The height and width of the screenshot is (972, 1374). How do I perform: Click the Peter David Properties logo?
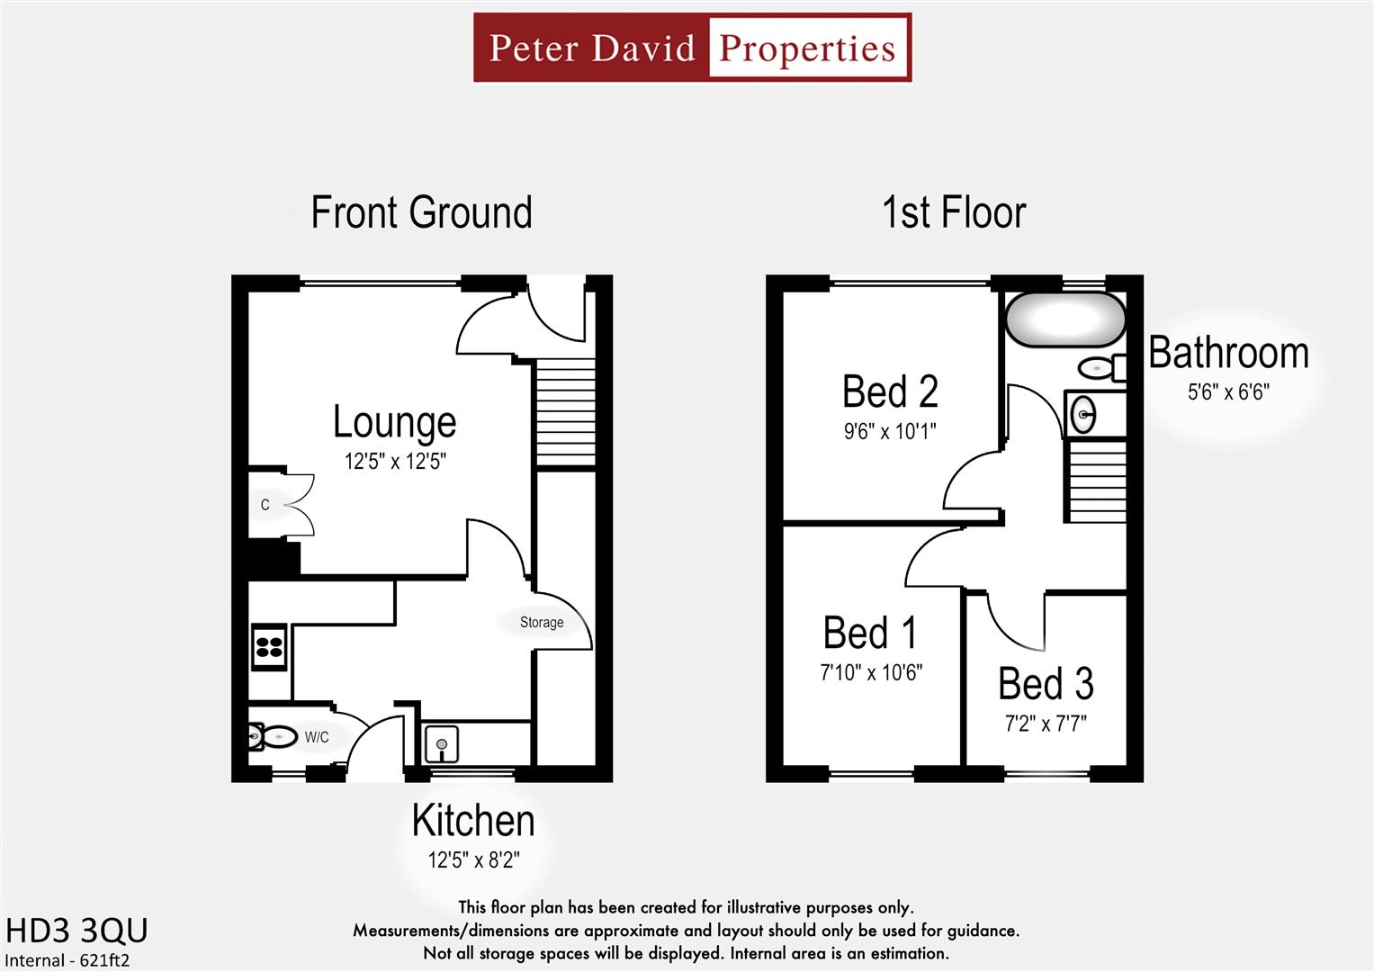(692, 48)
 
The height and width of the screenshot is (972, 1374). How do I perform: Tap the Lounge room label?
(394, 421)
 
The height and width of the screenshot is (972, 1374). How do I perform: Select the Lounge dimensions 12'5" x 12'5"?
(395, 462)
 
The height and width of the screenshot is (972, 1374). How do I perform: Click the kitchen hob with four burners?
(269, 646)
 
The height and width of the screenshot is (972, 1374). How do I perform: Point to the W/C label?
(317, 738)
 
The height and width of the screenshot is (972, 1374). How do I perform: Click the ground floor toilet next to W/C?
(273, 738)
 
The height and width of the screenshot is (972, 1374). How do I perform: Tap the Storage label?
(542, 623)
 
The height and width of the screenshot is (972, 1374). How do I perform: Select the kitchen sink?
(441, 744)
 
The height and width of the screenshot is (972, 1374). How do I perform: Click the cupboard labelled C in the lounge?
(265, 505)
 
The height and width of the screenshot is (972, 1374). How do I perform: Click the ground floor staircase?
(566, 412)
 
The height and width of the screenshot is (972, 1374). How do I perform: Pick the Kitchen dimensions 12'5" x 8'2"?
(473, 860)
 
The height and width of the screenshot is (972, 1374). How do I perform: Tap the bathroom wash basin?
(1084, 415)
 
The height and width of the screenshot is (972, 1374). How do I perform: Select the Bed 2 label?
(890, 391)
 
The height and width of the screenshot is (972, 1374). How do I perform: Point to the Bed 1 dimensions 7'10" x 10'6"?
(871, 672)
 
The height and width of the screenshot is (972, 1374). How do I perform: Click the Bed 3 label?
(1046, 684)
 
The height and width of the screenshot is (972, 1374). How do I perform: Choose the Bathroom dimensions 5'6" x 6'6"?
(1228, 392)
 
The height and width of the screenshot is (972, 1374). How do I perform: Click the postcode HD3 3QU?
(76, 931)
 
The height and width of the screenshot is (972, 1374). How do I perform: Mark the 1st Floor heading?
(954, 213)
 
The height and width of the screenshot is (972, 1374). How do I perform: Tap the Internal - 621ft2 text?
(67, 960)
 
